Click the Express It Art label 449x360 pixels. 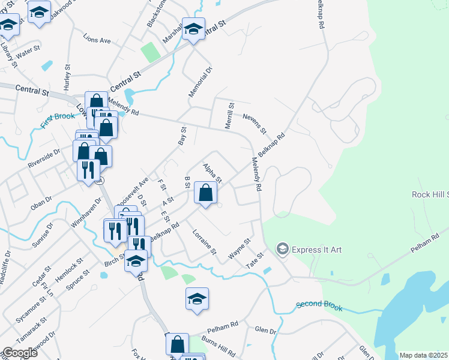point(316,249)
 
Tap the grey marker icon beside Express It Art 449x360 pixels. point(282,248)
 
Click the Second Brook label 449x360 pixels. point(319,307)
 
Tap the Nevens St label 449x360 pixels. point(255,124)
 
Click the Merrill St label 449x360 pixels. point(229,114)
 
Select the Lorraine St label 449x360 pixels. point(204,241)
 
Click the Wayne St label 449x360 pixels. point(239,250)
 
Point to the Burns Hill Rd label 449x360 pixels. point(218,347)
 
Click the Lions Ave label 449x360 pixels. point(97,40)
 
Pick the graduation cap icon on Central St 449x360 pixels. point(193,29)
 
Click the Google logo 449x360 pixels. point(20,353)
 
